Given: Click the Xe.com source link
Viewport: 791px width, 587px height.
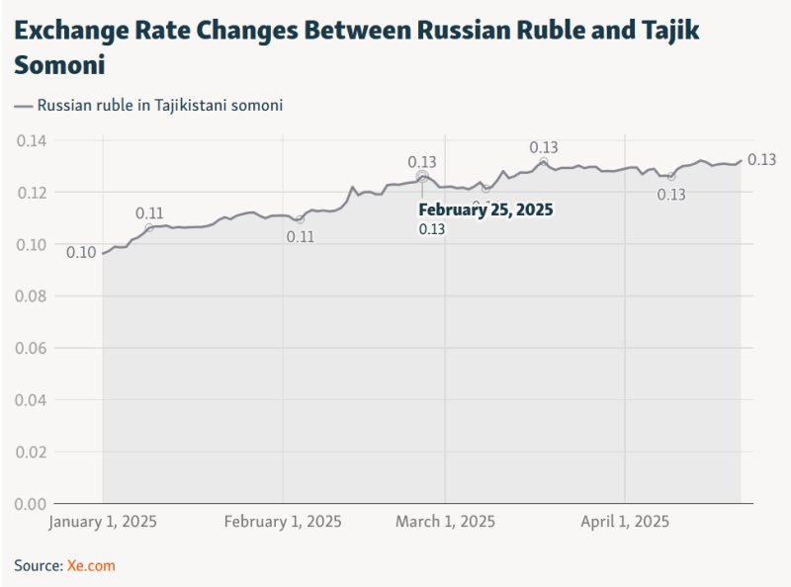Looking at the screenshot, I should click(91, 565).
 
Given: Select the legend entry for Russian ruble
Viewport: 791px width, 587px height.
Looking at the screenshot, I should click(149, 105).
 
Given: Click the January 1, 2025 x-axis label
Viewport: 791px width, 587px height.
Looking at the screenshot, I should click(103, 521).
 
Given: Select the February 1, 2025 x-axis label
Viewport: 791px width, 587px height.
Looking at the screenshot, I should click(283, 521).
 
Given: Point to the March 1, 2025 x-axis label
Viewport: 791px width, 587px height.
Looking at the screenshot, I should click(445, 521).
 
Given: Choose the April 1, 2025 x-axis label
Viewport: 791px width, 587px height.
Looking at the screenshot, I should click(625, 521).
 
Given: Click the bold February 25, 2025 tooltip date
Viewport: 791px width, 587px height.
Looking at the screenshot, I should click(484, 210).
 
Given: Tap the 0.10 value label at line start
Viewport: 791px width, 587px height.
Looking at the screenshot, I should click(81, 253).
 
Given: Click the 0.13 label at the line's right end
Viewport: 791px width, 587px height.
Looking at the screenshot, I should click(761, 160).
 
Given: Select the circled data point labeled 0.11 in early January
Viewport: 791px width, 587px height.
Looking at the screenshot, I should click(149, 228).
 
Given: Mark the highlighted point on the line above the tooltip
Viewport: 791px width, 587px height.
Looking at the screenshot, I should click(422, 177).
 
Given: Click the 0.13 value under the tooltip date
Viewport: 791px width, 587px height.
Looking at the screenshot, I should click(431, 229).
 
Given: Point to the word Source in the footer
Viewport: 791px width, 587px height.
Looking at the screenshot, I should click(38, 565).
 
